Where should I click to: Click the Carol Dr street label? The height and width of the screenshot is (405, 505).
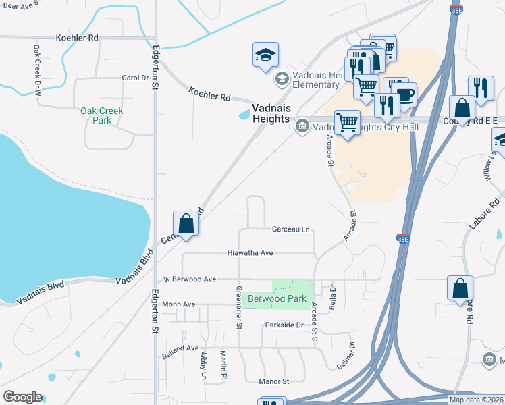[x=134, y=78]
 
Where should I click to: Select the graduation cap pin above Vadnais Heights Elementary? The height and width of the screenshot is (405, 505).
[x=266, y=55]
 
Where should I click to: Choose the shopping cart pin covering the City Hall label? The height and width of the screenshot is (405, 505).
[x=347, y=124]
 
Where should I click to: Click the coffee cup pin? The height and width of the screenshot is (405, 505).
[x=404, y=95]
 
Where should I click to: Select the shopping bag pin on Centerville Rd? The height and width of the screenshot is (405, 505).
[x=186, y=223]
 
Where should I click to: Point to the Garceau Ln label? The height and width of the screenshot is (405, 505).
[x=290, y=230]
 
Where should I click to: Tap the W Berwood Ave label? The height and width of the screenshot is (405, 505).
[x=190, y=279]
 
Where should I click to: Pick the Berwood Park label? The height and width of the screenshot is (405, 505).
[x=277, y=298]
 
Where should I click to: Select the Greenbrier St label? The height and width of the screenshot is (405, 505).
[x=238, y=307]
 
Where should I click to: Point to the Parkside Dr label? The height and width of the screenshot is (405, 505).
[x=284, y=325]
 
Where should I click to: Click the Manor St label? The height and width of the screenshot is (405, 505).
[x=273, y=381]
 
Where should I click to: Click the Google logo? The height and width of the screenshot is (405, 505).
[x=22, y=397]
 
